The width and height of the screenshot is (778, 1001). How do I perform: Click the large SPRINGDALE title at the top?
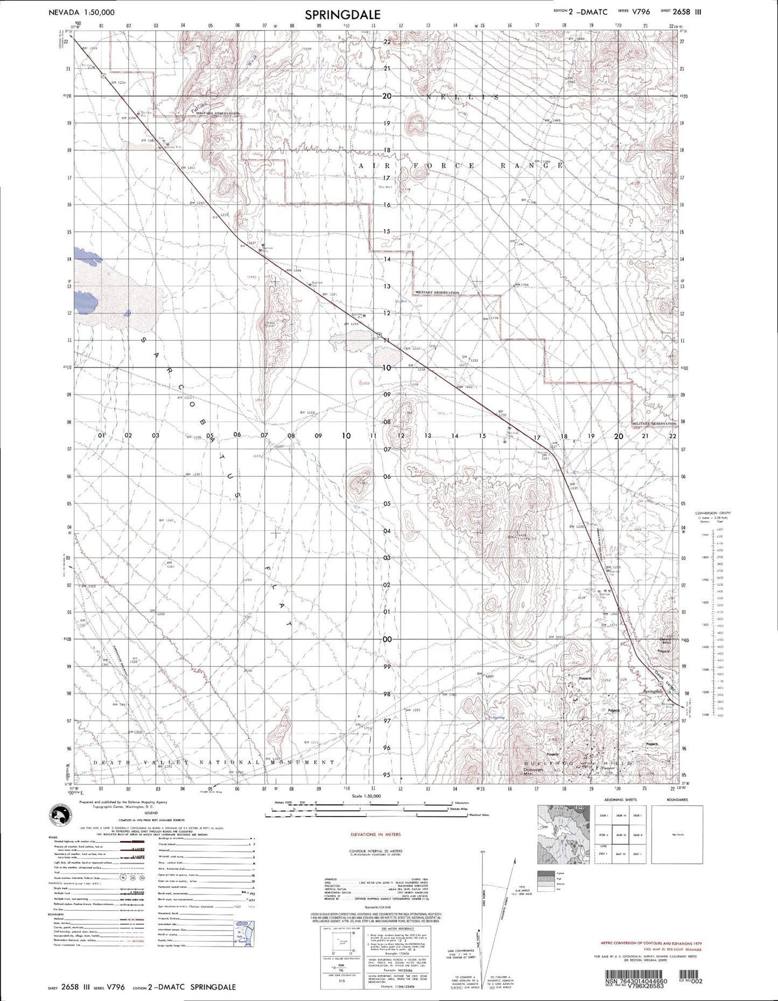[x=342, y=15]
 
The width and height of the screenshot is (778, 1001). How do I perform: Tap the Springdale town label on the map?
[x=654, y=691]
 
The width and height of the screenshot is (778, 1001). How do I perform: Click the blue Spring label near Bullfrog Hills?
[x=497, y=717]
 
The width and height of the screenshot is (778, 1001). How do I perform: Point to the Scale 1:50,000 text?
[x=366, y=795]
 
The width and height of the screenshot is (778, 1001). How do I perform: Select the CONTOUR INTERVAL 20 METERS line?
[x=375, y=851]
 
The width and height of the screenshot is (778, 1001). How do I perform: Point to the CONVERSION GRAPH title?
[x=712, y=513]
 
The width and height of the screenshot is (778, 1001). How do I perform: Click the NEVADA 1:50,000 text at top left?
[x=81, y=11]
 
